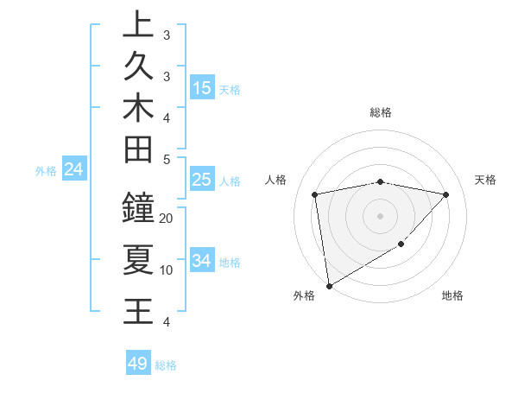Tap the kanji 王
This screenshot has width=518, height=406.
(139, 309)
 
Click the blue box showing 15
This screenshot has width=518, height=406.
(202, 88)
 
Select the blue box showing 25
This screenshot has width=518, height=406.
(202, 180)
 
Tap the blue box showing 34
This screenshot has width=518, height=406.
(202, 261)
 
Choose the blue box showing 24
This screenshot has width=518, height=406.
(74, 169)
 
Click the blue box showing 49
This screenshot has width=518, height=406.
(138, 364)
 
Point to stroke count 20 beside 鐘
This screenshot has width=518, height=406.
(167, 218)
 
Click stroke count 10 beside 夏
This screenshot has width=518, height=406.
(167, 270)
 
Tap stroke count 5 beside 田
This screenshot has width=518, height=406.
(167, 160)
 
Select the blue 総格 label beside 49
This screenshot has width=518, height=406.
(166, 365)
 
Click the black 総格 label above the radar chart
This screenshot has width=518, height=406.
(381, 112)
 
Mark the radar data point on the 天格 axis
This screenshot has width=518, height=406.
(446, 194)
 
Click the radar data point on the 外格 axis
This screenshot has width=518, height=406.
(329, 285)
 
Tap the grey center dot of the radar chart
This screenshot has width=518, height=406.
(381, 215)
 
